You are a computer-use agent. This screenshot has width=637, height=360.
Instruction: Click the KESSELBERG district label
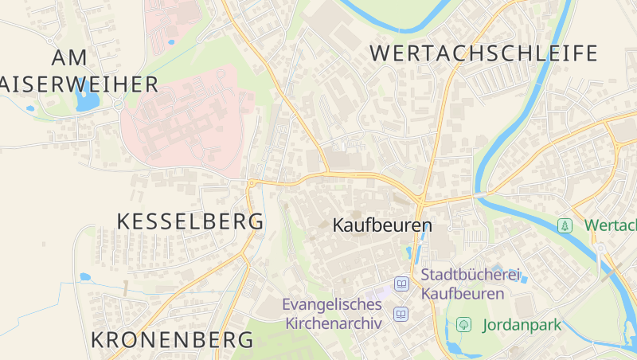click(190, 221)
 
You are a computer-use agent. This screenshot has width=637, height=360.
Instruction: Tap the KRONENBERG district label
click(172, 339)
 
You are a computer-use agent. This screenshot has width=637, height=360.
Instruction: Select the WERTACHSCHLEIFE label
click(484, 53)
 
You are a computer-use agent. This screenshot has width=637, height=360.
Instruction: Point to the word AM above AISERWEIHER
click(68, 57)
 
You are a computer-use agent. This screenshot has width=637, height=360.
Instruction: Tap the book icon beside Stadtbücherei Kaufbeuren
click(402, 284)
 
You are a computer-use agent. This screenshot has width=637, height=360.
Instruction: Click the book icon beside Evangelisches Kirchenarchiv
click(401, 314)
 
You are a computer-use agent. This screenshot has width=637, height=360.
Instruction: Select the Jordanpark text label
click(522, 325)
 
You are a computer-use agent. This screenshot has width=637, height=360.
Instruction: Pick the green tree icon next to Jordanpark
click(463, 325)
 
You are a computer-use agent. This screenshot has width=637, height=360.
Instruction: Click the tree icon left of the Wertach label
click(565, 225)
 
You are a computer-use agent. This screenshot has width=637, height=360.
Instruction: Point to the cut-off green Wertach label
click(610, 225)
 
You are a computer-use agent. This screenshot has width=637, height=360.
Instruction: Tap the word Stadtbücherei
click(470, 275)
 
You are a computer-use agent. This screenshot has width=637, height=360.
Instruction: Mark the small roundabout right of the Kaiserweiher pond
click(119, 104)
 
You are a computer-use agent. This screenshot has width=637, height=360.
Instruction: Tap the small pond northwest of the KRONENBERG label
click(85, 277)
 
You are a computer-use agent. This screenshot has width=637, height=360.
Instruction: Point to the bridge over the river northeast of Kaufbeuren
click(480, 194)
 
